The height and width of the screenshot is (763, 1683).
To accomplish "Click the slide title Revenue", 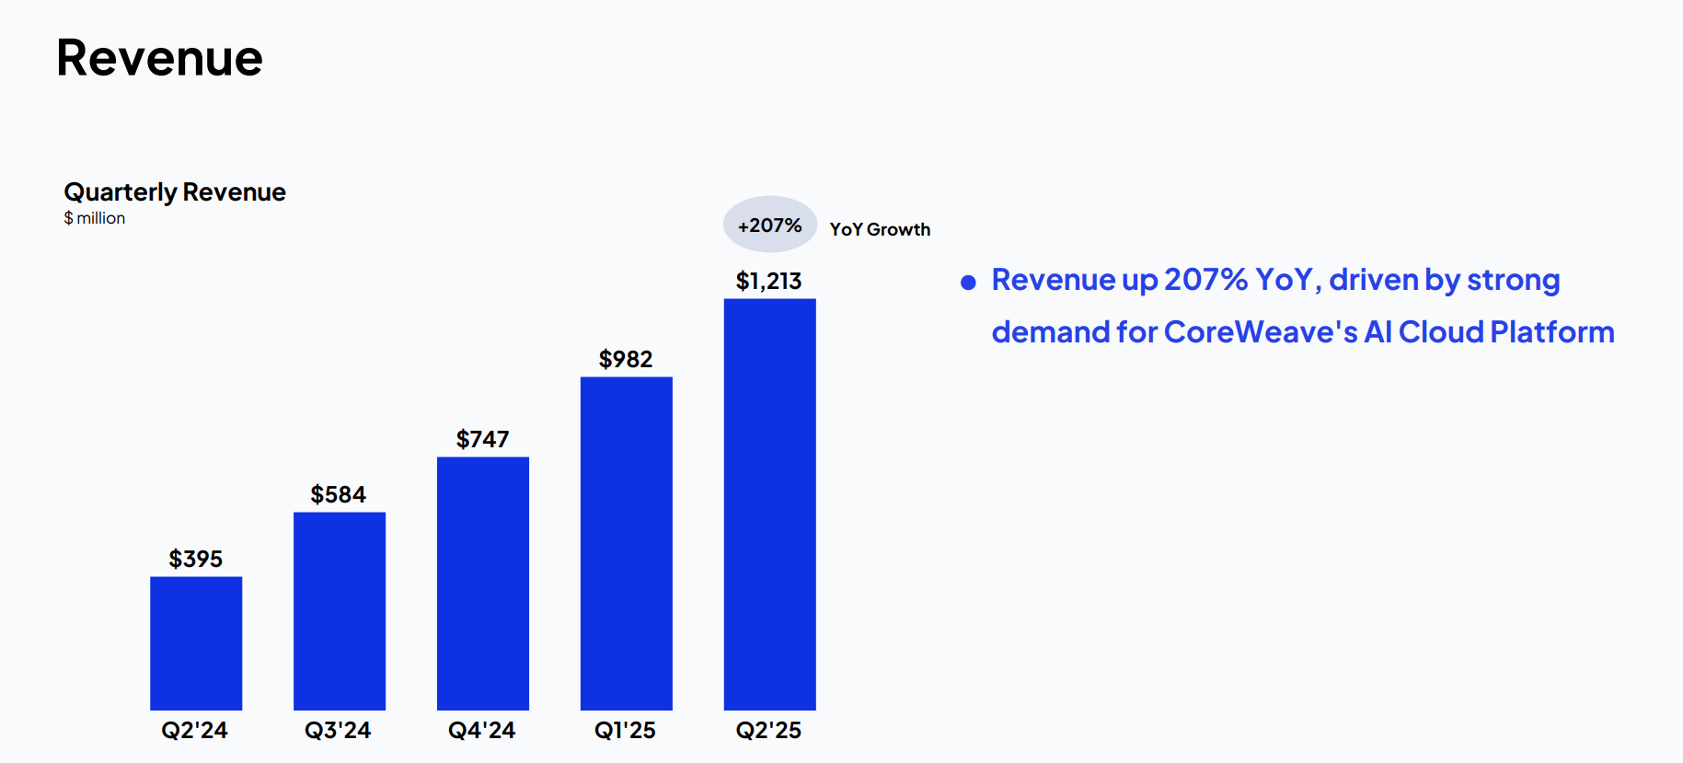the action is (159, 58).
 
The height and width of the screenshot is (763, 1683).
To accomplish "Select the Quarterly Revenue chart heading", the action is (175, 192).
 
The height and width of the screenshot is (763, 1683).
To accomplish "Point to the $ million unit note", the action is (94, 218).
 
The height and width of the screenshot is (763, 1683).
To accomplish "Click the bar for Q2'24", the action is (196, 643).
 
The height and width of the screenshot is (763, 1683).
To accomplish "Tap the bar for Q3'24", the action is (340, 611).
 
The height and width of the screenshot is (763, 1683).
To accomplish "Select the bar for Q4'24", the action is (483, 584).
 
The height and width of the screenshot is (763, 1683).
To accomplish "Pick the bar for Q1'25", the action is (627, 544).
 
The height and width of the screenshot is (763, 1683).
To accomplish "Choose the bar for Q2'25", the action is (770, 504).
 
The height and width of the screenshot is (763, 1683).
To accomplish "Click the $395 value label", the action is (196, 559).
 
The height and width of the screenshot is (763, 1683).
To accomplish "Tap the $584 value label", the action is (339, 494).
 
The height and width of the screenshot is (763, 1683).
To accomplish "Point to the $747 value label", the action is (483, 439).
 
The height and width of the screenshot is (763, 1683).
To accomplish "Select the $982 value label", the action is (626, 359).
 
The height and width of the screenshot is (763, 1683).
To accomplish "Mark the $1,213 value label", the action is (769, 281).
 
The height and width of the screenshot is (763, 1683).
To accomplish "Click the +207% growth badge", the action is (770, 225).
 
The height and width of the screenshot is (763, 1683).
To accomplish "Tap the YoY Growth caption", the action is (880, 229).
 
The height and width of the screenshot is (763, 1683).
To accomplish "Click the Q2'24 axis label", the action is (195, 731).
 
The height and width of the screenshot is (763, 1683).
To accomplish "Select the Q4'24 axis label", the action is (482, 731).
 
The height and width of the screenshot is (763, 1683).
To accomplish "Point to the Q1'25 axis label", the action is (626, 731).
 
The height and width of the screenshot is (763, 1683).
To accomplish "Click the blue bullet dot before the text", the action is (968, 283).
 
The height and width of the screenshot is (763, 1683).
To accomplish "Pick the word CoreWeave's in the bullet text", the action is (1261, 332).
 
